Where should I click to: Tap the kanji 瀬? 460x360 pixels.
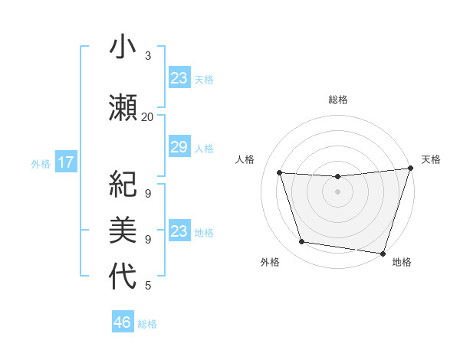click(123, 106)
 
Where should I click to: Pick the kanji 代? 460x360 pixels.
click(123, 276)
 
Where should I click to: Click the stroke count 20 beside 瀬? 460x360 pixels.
click(147, 116)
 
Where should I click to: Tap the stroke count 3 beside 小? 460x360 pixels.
click(148, 56)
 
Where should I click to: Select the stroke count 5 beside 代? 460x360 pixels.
click(148, 286)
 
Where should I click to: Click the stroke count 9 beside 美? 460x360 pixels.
click(148, 239)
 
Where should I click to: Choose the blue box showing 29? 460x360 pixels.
click(179, 147)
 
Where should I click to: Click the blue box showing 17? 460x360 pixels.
click(66, 162)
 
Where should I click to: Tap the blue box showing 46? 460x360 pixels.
click(123, 322)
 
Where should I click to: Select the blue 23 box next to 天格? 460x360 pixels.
click(179, 77)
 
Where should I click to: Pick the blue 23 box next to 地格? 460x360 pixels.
click(179, 231)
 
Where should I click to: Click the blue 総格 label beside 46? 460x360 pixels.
click(147, 324)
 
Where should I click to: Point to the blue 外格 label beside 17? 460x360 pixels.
click(41, 163)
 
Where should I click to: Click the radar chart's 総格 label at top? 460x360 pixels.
click(338, 100)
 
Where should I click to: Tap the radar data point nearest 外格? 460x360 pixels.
click(302, 242)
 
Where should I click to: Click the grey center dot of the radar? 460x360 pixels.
click(337, 191)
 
